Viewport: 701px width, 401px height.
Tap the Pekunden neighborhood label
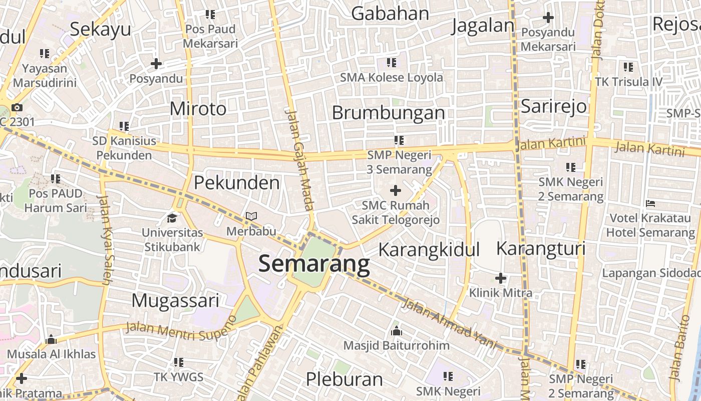pos(237,183)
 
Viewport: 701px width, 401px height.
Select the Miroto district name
pos(198,109)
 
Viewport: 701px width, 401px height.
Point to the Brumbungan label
pos(388,113)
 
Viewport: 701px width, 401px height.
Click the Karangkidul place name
pos(429,249)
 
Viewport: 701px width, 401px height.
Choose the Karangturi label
pos(541,249)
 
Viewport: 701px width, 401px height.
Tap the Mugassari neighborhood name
pos(175,301)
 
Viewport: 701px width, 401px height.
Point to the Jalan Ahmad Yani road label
pos(449,324)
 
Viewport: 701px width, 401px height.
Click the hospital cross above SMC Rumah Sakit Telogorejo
pos(396,190)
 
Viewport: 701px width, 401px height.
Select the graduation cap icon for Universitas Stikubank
pos(172,218)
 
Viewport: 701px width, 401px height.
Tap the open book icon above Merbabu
pos(251,217)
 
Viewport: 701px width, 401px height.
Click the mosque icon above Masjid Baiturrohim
pos(397,331)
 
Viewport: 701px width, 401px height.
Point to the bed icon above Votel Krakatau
pos(650,204)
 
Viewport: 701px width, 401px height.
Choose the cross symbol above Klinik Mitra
pos(501,278)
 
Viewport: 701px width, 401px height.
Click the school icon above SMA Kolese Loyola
pos(392,63)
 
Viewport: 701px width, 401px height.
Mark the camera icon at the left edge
pos(17,107)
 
